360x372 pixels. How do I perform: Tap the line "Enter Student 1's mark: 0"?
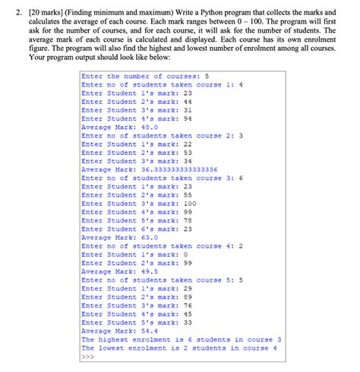coord(134,254)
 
